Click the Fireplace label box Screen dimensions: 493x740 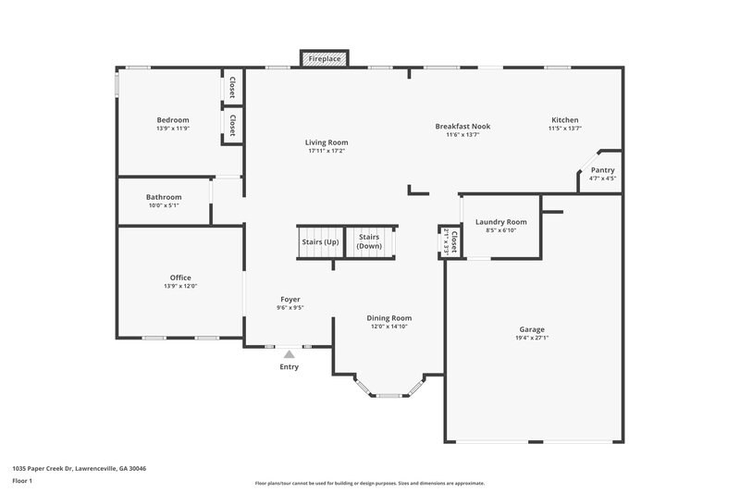coord(323,58)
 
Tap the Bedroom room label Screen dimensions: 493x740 coord(173,120)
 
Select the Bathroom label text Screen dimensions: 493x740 coord(164,197)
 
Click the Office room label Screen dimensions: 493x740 coord(180,277)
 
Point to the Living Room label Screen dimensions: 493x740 coord(327,142)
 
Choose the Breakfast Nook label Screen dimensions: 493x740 coord(462,126)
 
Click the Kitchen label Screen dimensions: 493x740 coord(564,120)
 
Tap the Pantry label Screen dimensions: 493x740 coord(602,170)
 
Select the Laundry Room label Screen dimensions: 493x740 coord(500,222)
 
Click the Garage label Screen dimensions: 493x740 coord(531,329)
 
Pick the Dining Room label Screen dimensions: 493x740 coord(389,317)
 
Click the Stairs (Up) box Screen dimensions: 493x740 coord(320,242)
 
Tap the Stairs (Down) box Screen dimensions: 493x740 coord(369,241)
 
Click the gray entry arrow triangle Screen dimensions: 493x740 coord(290,352)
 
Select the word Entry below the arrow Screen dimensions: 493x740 coord(290,367)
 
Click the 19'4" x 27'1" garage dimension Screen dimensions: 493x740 coord(531,339)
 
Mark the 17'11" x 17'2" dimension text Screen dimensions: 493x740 coord(327,151)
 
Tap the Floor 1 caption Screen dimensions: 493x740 coord(22,482)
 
